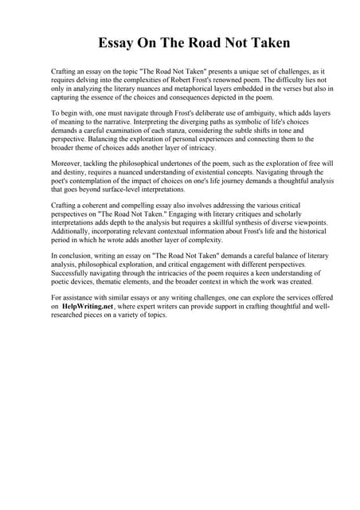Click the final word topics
coord(152,315)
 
